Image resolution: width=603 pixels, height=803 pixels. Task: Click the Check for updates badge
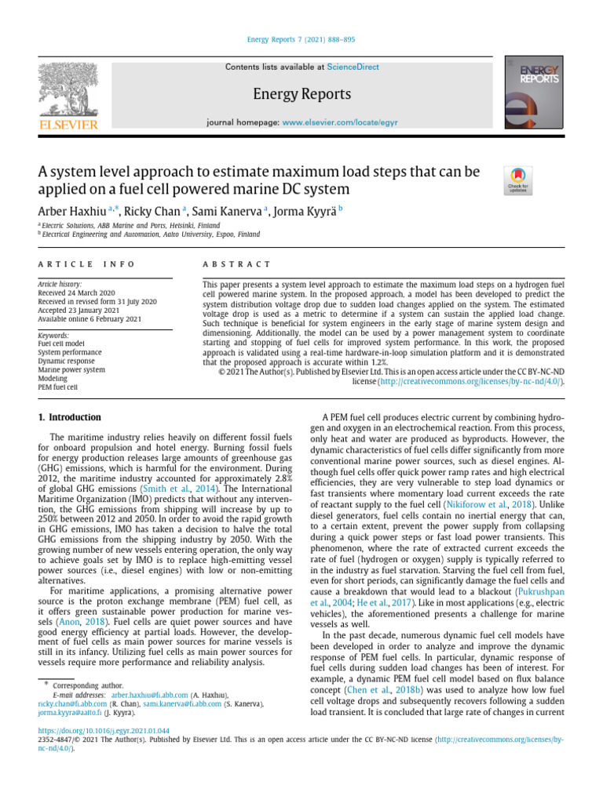click(518, 180)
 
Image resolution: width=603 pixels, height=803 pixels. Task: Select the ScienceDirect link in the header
click(353, 67)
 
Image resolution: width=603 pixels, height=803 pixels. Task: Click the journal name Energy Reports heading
click(301, 95)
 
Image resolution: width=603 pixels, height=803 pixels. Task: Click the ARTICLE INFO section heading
click(86, 265)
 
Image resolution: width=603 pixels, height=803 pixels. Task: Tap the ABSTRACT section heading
click(236, 265)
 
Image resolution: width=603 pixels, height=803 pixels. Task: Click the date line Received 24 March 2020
click(75, 292)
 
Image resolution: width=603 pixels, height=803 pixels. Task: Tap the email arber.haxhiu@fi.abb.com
click(148, 695)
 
